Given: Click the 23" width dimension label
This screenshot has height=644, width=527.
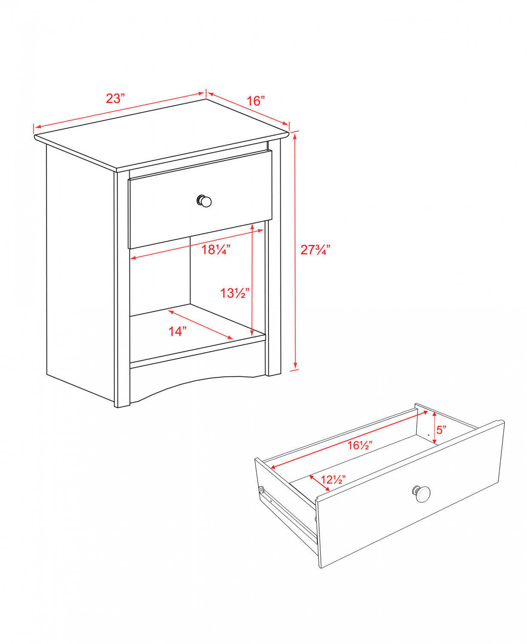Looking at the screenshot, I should point(115,99).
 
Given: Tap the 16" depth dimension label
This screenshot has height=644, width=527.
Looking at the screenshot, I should point(256,101).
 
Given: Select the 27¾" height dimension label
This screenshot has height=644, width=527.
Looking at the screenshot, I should point(315,250).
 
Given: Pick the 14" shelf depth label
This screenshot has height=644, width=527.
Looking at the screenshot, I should point(177,331).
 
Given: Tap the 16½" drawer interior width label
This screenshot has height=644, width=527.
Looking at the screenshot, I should point(359,445).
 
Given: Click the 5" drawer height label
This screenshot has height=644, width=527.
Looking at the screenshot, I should point(442,429).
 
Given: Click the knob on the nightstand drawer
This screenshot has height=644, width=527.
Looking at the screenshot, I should point(204,200).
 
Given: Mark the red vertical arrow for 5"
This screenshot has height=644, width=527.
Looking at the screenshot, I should point(435,428).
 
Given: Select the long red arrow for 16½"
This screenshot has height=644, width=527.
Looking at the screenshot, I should point(348,439).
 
